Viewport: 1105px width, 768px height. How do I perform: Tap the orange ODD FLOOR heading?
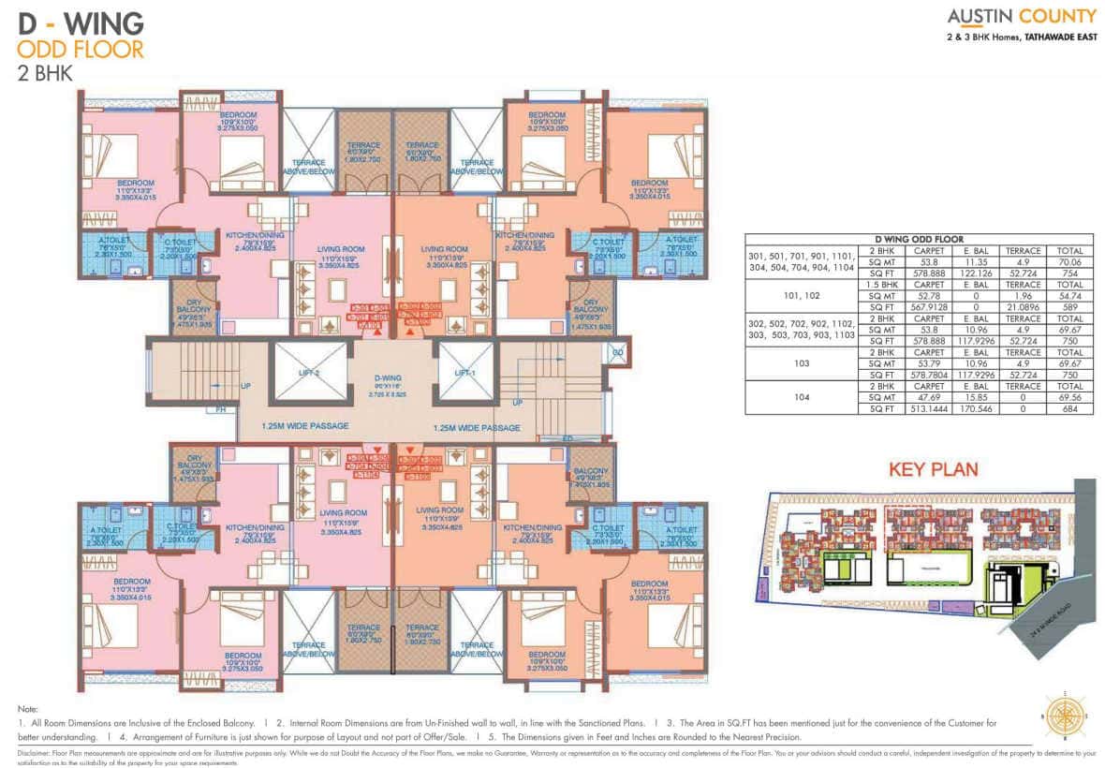click(x=81, y=49)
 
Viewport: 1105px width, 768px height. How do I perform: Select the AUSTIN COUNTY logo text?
click(x=1021, y=16)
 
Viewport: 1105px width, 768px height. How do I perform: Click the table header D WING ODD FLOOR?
click(x=919, y=240)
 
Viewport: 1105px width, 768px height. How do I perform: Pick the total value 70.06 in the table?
click(x=1069, y=262)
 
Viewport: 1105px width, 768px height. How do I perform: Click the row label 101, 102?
click(x=801, y=296)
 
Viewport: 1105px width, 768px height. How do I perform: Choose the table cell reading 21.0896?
click(x=1023, y=307)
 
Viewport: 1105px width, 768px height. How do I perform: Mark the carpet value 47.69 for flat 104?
click(x=927, y=397)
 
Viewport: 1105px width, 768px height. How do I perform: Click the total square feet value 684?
click(x=1069, y=408)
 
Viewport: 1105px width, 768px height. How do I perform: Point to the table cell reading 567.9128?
click(x=927, y=307)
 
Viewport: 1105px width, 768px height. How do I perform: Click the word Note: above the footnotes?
click(x=27, y=709)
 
